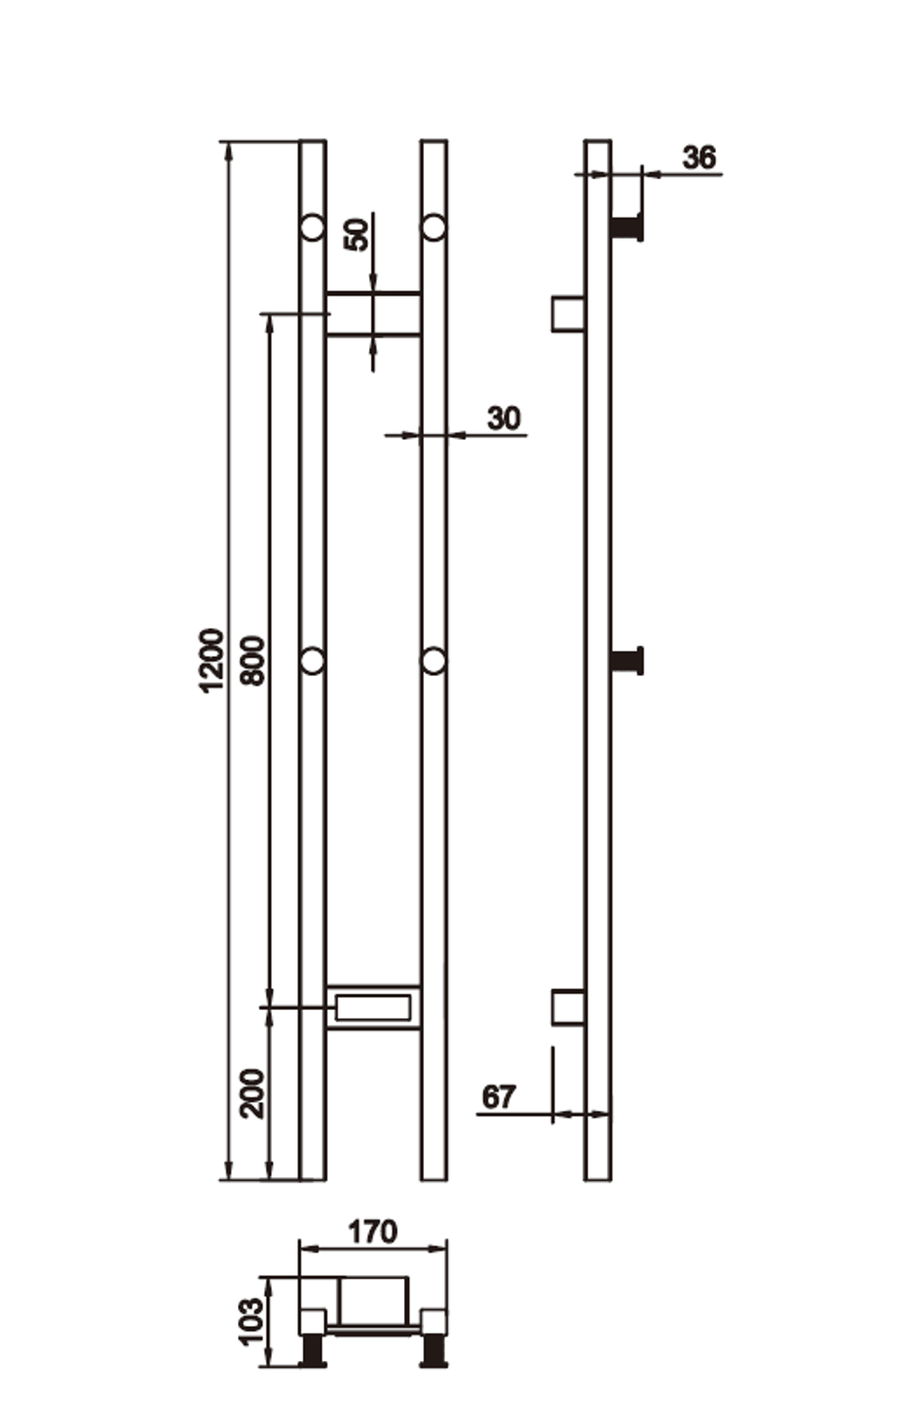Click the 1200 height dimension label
[x=212, y=660]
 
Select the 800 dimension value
[x=252, y=660]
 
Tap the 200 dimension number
[x=252, y=1093]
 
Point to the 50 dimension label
[x=357, y=234]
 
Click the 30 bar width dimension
[x=503, y=419]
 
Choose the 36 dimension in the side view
[x=699, y=158]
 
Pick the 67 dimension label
[x=499, y=1096]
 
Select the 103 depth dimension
[x=251, y=1321]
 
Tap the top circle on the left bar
[x=313, y=227]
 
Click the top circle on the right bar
[x=433, y=227]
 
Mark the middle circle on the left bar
[x=313, y=660]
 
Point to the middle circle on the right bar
[x=433, y=660]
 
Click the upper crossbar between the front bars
[x=374, y=314]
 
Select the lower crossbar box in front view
[x=373, y=1007]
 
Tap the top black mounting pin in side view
[x=628, y=227]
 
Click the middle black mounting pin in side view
[x=628, y=660]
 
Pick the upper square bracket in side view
[x=568, y=313]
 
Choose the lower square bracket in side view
[x=568, y=1007]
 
